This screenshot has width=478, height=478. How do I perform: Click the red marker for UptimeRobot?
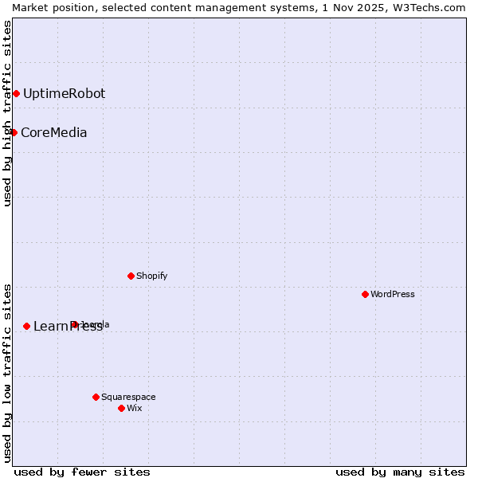16,94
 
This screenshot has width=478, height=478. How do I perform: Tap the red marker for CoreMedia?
14,132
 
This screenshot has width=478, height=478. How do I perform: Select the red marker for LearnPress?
26,326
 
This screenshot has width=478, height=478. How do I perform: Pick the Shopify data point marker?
131,276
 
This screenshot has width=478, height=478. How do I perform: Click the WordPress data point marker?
365,294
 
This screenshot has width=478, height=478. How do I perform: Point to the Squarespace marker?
96,397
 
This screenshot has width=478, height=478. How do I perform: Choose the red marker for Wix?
121,408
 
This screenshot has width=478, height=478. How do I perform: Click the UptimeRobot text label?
64,94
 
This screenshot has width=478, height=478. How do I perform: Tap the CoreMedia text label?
53,132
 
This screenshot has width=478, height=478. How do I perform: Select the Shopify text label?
151,276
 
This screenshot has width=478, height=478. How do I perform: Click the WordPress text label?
392,294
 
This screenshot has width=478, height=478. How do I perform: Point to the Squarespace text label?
128,397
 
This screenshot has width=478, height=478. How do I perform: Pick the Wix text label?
134,408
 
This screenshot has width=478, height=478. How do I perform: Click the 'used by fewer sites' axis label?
82,472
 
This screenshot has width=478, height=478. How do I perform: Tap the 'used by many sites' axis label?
400,472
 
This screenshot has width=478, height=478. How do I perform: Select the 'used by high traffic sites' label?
7,113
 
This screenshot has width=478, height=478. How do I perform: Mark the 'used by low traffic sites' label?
7,373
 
